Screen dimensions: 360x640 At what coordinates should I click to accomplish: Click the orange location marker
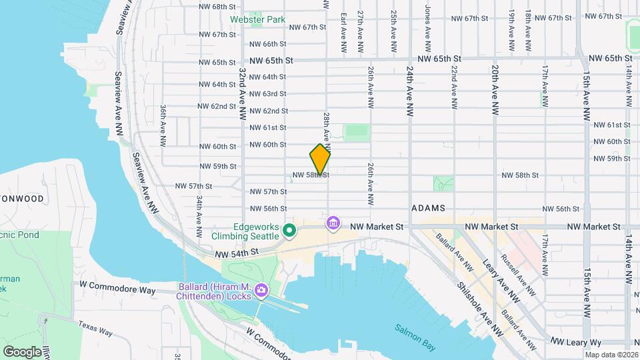320,159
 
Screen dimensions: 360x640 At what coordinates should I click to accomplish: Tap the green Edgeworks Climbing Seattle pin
289,231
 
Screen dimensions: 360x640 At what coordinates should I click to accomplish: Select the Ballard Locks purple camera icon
261,290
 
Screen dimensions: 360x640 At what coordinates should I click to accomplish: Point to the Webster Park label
257,19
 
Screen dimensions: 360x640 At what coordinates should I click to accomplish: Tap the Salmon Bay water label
414,329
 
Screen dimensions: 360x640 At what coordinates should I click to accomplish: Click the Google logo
22,351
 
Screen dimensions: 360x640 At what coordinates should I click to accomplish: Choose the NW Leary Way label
577,341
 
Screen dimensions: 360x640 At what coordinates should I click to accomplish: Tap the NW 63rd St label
268,94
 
